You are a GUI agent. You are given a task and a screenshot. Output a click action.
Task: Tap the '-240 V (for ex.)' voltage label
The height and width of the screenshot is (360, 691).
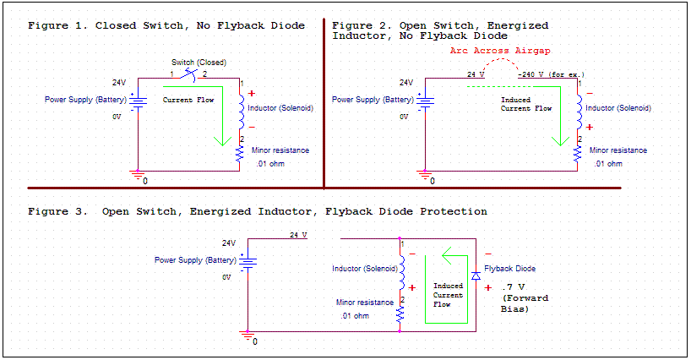tap(551, 74)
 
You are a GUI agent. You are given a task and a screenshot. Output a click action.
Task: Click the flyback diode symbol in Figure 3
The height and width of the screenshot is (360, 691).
tap(476, 276)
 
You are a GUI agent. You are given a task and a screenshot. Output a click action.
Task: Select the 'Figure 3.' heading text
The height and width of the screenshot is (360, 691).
tap(57, 210)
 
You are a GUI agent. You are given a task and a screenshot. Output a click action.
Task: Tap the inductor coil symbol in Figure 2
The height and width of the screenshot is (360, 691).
tap(579, 109)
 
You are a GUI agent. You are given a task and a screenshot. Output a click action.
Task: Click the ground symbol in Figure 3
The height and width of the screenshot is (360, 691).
tap(248, 337)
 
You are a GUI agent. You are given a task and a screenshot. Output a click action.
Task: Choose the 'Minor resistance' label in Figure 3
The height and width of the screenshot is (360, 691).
tap(365, 303)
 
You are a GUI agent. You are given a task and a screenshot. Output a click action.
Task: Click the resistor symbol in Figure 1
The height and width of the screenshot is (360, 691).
tap(241, 153)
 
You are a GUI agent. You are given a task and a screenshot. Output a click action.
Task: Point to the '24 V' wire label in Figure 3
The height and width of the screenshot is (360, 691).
tap(298, 234)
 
